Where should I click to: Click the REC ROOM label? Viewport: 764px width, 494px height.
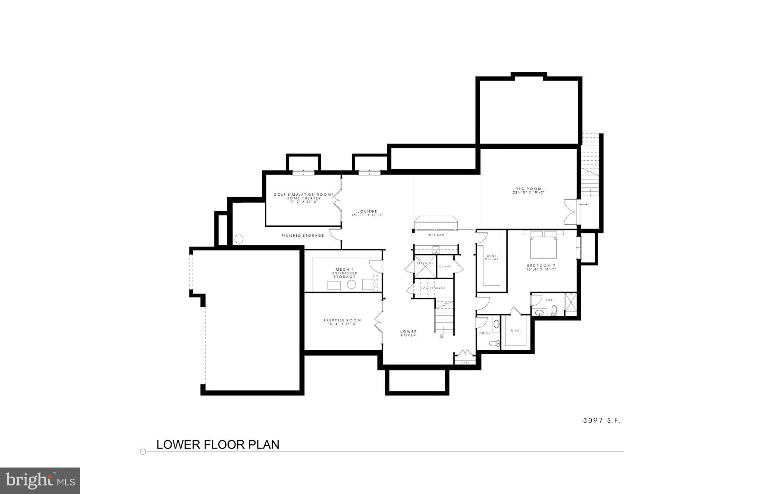click(x=528, y=189)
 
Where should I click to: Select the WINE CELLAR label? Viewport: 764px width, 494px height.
click(x=492, y=258)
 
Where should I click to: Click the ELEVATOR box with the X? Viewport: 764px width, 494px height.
click(x=425, y=266)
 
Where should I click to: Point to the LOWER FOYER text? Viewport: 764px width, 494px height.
click(x=408, y=333)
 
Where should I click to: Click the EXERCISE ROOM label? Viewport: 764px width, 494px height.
click(x=342, y=320)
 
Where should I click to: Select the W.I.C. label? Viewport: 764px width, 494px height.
click(x=516, y=331)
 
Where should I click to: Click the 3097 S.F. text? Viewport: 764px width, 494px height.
click(x=602, y=421)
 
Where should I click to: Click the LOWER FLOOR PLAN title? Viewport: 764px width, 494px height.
click(x=218, y=445)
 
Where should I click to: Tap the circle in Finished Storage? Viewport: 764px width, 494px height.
click(x=239, y=239)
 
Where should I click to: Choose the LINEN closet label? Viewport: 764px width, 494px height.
click(x=465, y=362)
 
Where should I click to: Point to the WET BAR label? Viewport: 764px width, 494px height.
click(x=436, y=235)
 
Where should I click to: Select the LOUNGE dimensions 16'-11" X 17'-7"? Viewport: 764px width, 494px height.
click(x=367, y=215)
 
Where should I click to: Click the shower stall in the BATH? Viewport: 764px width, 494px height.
click(x=570, y=305)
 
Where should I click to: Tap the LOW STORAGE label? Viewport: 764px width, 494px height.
click(x=433, y=288)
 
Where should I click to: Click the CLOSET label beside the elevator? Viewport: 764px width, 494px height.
click(x=445, y=267)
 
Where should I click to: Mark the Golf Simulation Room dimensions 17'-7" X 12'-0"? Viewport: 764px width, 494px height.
click(x=303, y=202)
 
